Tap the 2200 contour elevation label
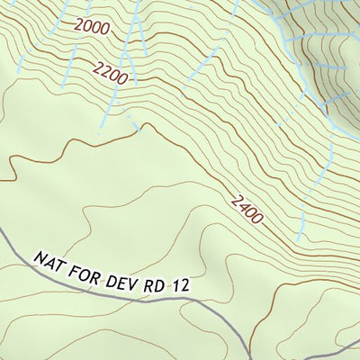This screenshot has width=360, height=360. click(x=110, y=72)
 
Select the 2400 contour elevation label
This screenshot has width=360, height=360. click(x=246, y=210)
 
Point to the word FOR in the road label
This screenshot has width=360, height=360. click(x=84, y=269)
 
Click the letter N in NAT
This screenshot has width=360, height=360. click(x=40, y=257)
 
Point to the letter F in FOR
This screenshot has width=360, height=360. click(x=74, y=266)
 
